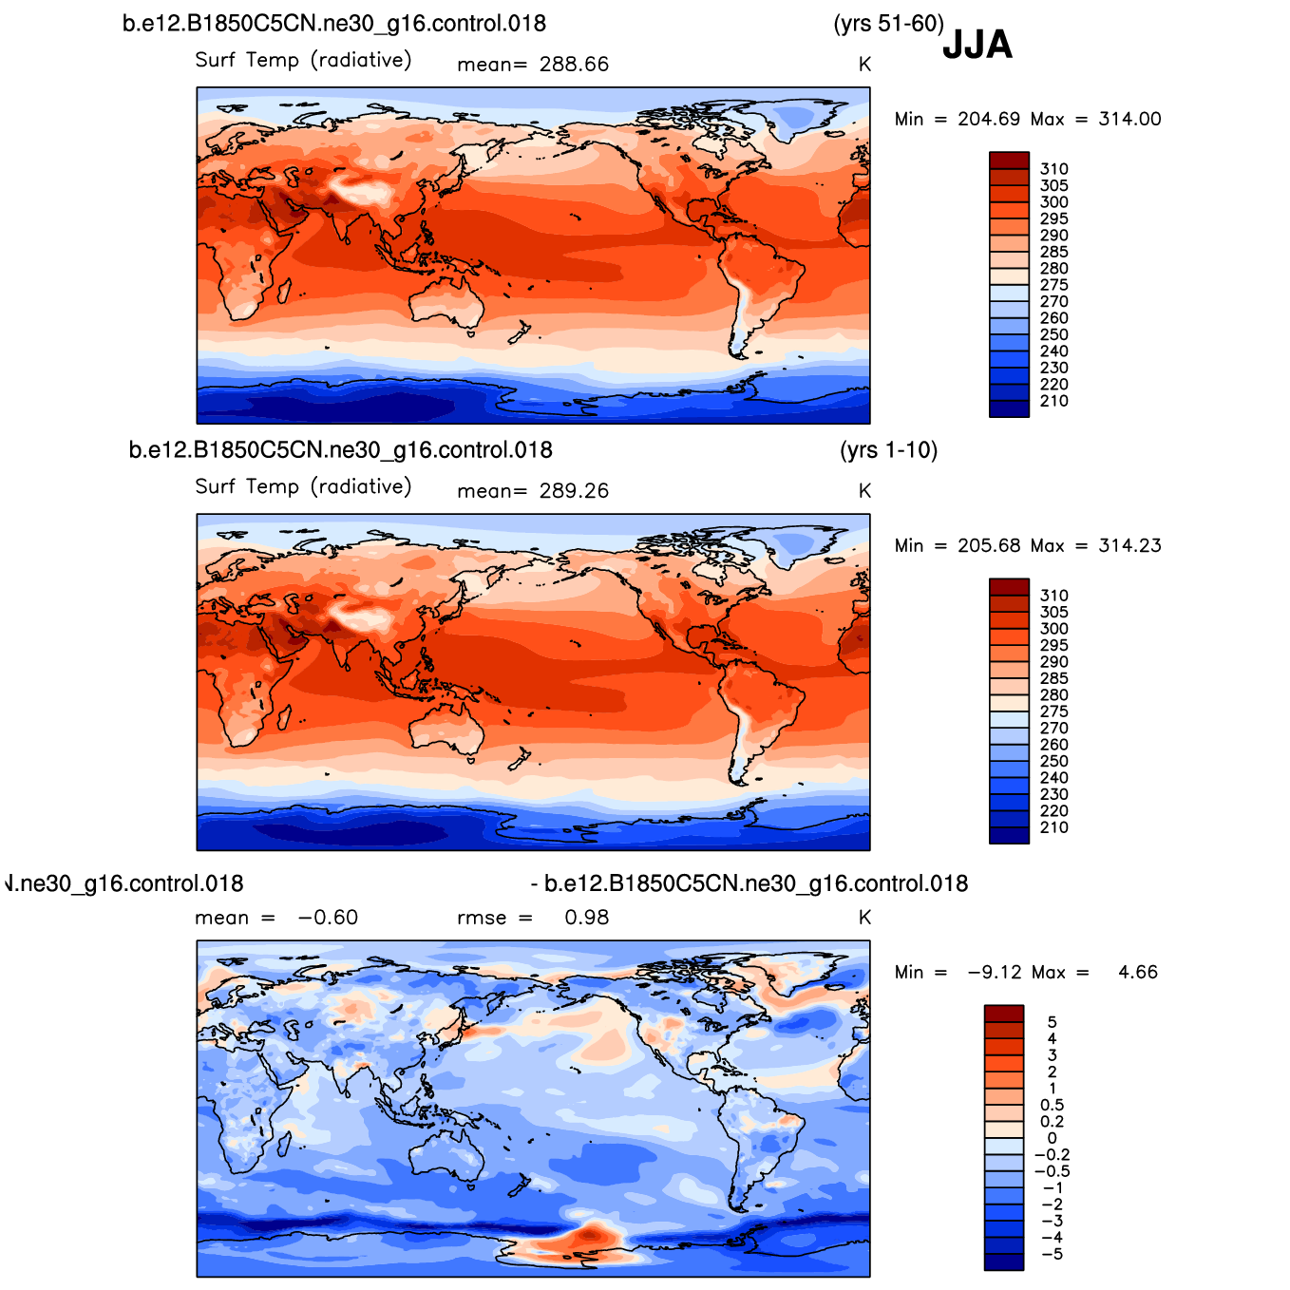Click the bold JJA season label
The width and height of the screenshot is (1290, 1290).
pos(977,45)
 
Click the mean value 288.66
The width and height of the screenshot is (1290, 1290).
pos(574,65)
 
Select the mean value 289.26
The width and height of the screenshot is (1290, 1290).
pos(574,491)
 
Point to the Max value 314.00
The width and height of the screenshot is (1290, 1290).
pos(1129,119)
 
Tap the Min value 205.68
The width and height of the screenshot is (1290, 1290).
pos(989,545)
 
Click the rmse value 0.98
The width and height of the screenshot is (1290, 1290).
pos(586,917)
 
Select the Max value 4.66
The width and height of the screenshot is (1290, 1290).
pos(1137,972)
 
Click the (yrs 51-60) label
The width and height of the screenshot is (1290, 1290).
pos(888,24)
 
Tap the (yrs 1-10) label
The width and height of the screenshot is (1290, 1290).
pos(888,450)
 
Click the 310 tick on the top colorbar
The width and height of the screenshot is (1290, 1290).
pos(1053,169)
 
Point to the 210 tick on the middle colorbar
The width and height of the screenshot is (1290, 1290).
pos(1053,827)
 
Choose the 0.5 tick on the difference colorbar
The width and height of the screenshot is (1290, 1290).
pos(1052,1105)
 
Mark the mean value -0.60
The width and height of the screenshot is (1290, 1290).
pos(328,917)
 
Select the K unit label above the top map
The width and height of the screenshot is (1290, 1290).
pos(864,65)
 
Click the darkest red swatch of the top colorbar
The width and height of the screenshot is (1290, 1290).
pos(1009,160)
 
